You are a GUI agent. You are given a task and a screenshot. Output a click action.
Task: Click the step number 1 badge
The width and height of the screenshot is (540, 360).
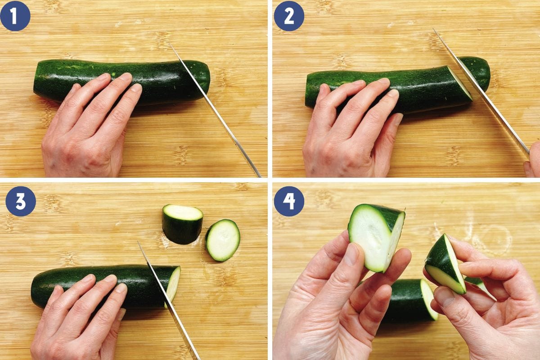click(15, 16)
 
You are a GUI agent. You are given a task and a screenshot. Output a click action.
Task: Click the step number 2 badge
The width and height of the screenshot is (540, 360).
click(289, 16)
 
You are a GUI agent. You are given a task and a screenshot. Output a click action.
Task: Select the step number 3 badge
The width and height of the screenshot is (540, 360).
click(21, 201)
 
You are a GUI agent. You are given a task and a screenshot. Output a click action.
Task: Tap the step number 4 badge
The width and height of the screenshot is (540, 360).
click(289, 201)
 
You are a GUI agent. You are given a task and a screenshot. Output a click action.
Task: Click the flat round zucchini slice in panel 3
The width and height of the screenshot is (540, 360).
click(222, 240)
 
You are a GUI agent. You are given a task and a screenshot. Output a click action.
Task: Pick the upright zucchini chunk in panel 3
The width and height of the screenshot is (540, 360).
click(182, 224)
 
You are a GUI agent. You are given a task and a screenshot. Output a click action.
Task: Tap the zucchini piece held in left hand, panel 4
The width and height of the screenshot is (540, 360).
click(376, 236)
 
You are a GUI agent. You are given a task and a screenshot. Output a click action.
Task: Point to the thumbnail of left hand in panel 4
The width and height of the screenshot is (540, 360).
click(352, 254)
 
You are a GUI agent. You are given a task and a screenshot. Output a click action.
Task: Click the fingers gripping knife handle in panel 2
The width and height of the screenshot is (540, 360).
click(534, 160)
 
